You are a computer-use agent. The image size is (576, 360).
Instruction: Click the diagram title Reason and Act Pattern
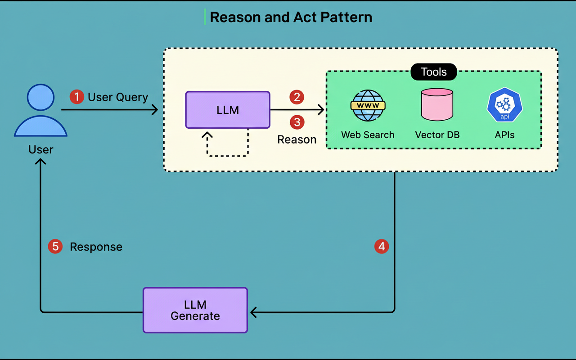[x=291, y=18]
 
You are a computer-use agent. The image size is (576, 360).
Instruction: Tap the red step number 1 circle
[x=77, y=97]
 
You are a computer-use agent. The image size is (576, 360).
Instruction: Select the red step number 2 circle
[x=297, y=97]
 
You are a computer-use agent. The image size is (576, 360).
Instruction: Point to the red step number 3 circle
[x=297, y=122]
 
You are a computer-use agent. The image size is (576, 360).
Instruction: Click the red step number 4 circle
[x=382, y=246]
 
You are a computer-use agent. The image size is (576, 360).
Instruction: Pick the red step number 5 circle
[x=55, y=246]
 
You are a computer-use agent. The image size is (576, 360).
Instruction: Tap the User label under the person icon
[x=40, y=149]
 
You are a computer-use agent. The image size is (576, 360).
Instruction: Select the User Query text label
[x=118, y=97]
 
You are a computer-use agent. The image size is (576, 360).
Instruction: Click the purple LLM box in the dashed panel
[x=228, y=110]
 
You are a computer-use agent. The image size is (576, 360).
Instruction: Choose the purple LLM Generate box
[x=195, y=310]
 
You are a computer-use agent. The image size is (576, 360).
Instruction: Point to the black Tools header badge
[x=434, y=72]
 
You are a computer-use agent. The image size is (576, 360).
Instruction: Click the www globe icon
[x=368, y=106]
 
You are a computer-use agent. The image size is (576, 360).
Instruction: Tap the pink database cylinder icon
[x=437, y=105]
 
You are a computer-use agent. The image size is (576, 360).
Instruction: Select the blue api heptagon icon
[x=504, y=105]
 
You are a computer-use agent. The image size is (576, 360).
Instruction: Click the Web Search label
[x=368, y=135]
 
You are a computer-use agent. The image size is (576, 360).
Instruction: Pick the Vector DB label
[x=437, y=135]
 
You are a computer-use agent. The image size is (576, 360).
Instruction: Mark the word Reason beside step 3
[x=297, y=139]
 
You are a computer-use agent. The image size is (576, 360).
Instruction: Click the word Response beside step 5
[x=96, y=247]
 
